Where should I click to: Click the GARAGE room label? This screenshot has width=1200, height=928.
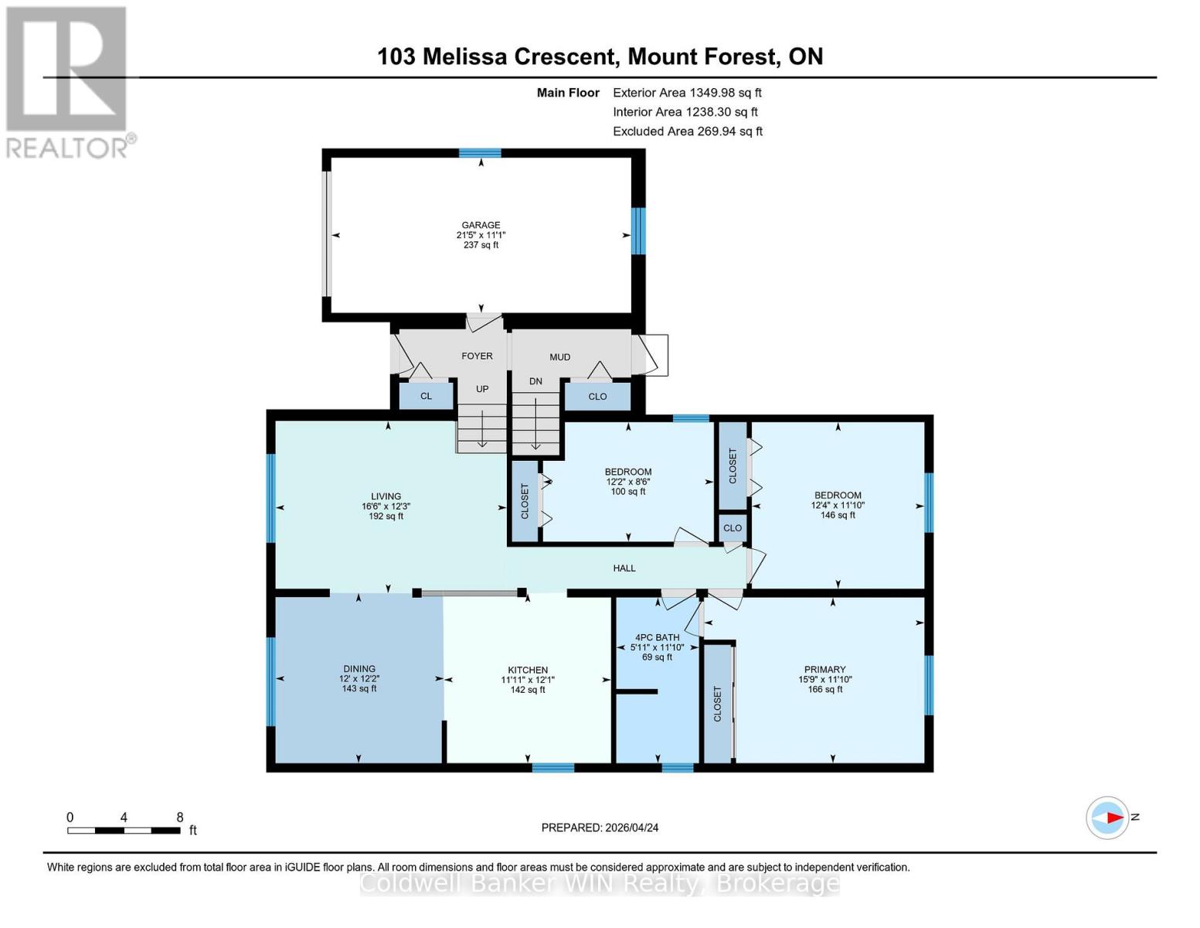pyautogui.click(x=481, y=225)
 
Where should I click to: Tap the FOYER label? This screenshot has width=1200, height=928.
pyautogui.click(x=477, y=356)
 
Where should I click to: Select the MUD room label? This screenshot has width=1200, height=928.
pyautogui.click(x=559, y=357)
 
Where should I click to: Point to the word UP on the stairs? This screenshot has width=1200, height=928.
pyautogui.click(x=482, y=388)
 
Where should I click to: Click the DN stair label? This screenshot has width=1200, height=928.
pyautogui.click(x=535, y=381)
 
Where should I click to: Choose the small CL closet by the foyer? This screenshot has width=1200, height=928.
pyautogui.click(x=426, y=396)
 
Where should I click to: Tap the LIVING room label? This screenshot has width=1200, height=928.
pyautogui.click(x=386, y=496)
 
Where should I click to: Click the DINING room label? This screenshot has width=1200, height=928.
pyautogui.click(x=359, y=669)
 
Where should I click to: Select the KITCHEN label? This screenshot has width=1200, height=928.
pyautogui.click(x=528, y=670)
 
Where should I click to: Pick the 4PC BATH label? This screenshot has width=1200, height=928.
pyautogui.click(x=657, y=637)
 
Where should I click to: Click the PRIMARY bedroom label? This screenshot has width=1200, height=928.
pyautogui.click(x=825, y=670)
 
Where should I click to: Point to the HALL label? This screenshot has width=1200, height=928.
pyautogui.click(x=624, y=568)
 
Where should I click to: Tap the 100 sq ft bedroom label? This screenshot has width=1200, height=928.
pyautogui.click(x=628, y=482)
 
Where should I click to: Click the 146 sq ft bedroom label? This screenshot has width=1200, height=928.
pyautogui.click(x=838, y=505)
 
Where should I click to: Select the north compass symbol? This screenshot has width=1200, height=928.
pyautogui.click(x=1107, y=818)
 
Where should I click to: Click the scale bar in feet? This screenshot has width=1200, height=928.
pyautogui.click(x=124, y=830)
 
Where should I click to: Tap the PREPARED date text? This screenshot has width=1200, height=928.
pyautogui.click(x=600, y=827)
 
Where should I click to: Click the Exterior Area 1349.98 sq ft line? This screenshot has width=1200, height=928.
pyautogui.click(x=687, y=93)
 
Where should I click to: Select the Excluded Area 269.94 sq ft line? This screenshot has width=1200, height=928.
pyautogui.click(x=688, y=131)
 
